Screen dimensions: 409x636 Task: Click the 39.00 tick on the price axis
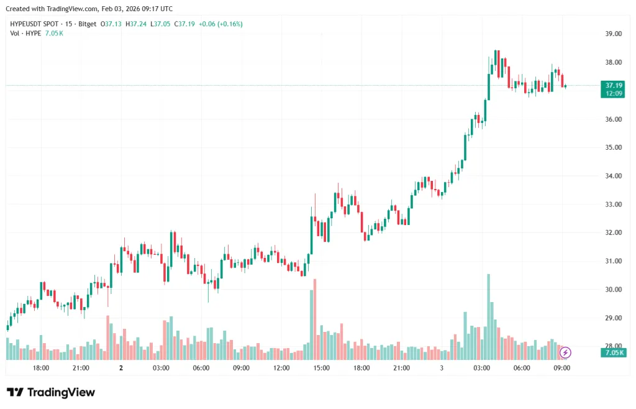(x=614, y=34)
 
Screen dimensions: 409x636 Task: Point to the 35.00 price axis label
(x=614, y=147)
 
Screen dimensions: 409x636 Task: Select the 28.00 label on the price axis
(x=614, y=346)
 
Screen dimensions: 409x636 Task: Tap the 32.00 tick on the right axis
(x=614, y=232)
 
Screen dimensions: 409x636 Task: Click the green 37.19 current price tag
(x=614, y=85)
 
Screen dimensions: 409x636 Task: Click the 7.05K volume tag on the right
(x=614, y=352)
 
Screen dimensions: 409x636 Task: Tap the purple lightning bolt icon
(x=565, y=352)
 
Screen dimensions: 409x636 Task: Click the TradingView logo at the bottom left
(x=51, y=392)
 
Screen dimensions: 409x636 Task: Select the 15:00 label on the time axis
(x=321, y=368)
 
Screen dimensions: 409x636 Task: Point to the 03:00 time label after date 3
(x=481, y=368)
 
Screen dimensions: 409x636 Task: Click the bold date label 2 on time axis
(x=121, y=368)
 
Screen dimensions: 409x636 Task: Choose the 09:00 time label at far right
(x=561, y=368)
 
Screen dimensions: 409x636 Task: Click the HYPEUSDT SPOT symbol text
(x=35, y=24)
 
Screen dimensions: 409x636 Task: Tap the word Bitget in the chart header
(x=88, y=24)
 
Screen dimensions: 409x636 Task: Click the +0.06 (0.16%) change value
(x=220, y=24)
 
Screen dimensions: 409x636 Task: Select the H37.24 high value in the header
(x=136, y=24)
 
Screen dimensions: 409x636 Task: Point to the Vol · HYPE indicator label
(x=25, y=33)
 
